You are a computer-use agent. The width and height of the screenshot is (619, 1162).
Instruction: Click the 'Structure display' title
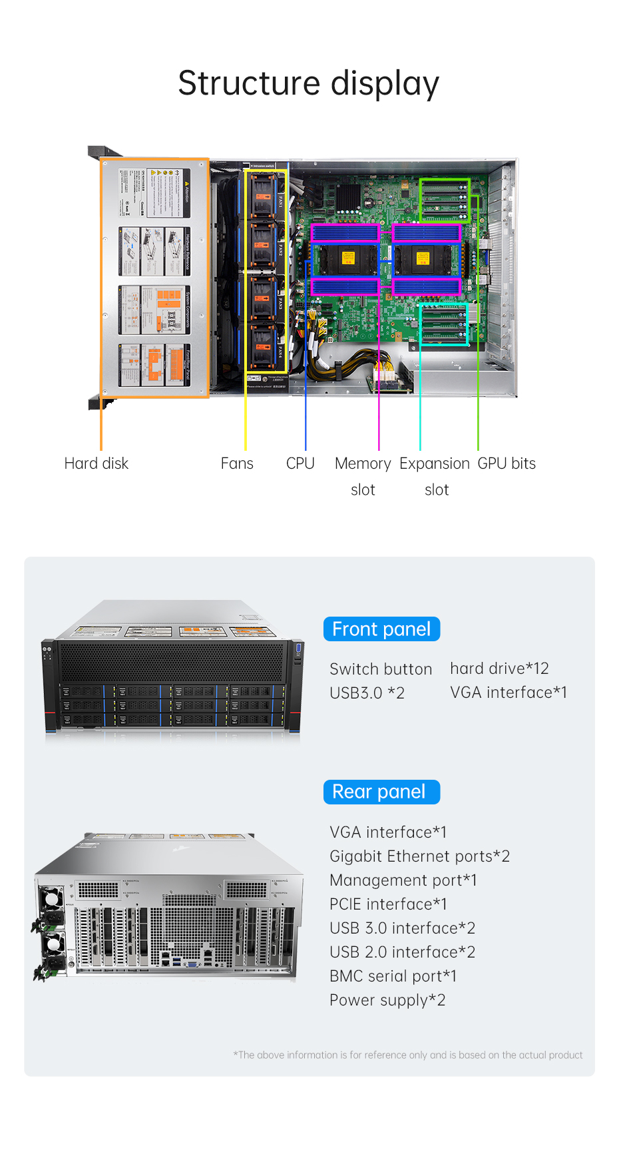pyautogui.click(x=308, y=84)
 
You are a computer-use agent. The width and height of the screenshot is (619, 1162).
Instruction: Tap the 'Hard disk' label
pyautogui.click(x=96, y=463)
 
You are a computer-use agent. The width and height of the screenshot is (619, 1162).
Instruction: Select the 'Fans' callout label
pyautogui.click(x=237, y=463)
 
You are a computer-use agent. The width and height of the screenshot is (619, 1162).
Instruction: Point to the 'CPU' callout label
pyautogui.click(x=300, y=463)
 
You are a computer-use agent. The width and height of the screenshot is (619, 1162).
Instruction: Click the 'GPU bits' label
pyautogui.click(x=507, y=463)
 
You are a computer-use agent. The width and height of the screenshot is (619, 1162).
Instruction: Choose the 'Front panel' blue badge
pyautogui.click(x=381, y=629)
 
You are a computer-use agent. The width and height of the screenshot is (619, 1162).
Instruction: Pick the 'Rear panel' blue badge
pyautogui.click(x=381, y=792)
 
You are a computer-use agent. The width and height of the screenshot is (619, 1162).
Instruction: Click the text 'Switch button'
pyautogui.click(x=381, y=669)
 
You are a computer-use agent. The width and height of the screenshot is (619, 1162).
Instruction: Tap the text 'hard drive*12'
pyautogui.click(x=499, y=669)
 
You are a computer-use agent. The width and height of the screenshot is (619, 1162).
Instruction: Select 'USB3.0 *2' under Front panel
pyautogui.click(x=367, y=693)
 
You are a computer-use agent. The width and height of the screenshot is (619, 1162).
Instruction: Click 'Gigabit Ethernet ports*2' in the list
pyautogui.click(x=419, y=856)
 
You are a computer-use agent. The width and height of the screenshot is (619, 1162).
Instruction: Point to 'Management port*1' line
pyautogui.click(x=403, y=880)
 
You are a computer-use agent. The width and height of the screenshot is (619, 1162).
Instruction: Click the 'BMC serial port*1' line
pyautogui.click(x=393, y=976)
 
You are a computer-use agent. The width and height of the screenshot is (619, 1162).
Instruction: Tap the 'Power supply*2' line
pyautogui.click(x=387, y=1000)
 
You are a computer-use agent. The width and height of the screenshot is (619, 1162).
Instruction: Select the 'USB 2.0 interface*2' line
pyautogui.click(x=402, y=952)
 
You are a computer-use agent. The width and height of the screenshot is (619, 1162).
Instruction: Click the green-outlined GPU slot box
pyautogui.click(x=445, y=200)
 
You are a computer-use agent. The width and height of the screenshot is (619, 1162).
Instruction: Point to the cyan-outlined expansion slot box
pyautogui.click(x=443, y=324)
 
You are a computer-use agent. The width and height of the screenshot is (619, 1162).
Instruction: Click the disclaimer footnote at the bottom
pyautogui.click(x=407, y=1055)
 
